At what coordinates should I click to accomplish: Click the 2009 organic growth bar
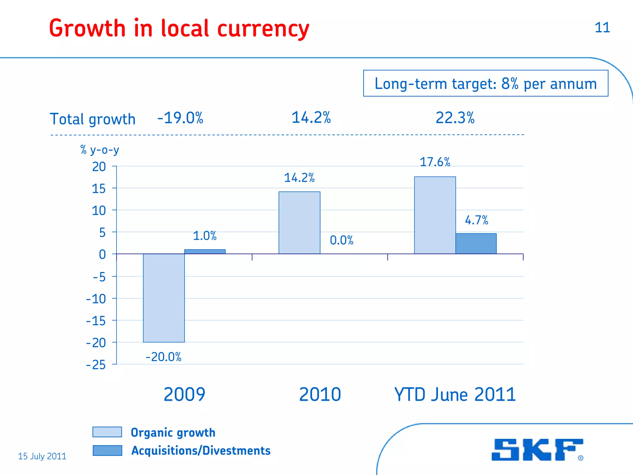[x=164, y=298]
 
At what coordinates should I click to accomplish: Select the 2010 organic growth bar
[x=299, y=223]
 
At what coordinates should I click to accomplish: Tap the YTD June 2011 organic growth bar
[x=435, y=215]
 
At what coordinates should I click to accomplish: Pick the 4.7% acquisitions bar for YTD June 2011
[x=476, y=244]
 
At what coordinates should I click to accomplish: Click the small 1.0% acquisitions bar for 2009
[x=205, y=252]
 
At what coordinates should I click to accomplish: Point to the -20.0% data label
[x=164, y=357]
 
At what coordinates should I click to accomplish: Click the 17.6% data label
[x=435, y=162]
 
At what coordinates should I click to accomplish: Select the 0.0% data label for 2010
[x=342, y=240]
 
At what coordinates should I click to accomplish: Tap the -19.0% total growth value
[x=180, y=118]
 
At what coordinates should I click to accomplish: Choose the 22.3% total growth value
[x=455, y=118]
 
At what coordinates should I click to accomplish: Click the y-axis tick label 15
[x=99, y=189]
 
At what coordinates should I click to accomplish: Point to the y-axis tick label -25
[x=96, y=365]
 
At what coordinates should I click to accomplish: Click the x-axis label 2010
[x=320, y=394]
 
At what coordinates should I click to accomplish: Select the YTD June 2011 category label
[x=455, y=394]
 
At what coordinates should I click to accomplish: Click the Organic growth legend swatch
[x=107, y=432]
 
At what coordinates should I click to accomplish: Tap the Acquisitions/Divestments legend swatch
[x=107, y=451]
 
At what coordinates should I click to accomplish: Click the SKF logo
[x=537, y=450]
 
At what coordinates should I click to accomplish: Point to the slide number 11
[x=602, y=28]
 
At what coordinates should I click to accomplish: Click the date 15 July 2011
[x=42, y=456]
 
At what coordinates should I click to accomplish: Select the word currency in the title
[x=263, y=29]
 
